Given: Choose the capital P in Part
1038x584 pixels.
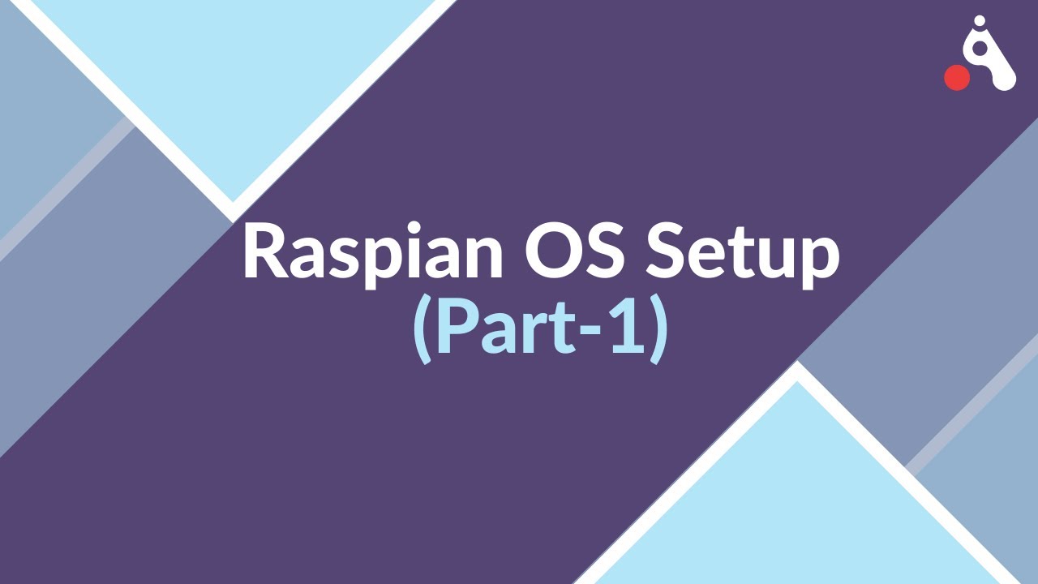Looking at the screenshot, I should [453, 328].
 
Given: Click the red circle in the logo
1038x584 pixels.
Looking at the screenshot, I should [958, 77].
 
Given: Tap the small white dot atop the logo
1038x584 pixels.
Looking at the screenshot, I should [979, 21].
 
